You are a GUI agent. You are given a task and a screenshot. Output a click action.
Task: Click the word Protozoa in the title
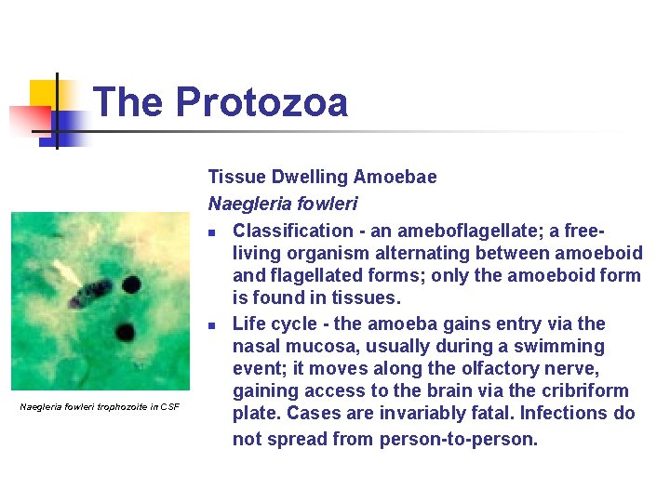coord(261,101)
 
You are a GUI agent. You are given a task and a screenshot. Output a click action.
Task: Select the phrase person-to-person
coord(458,439)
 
